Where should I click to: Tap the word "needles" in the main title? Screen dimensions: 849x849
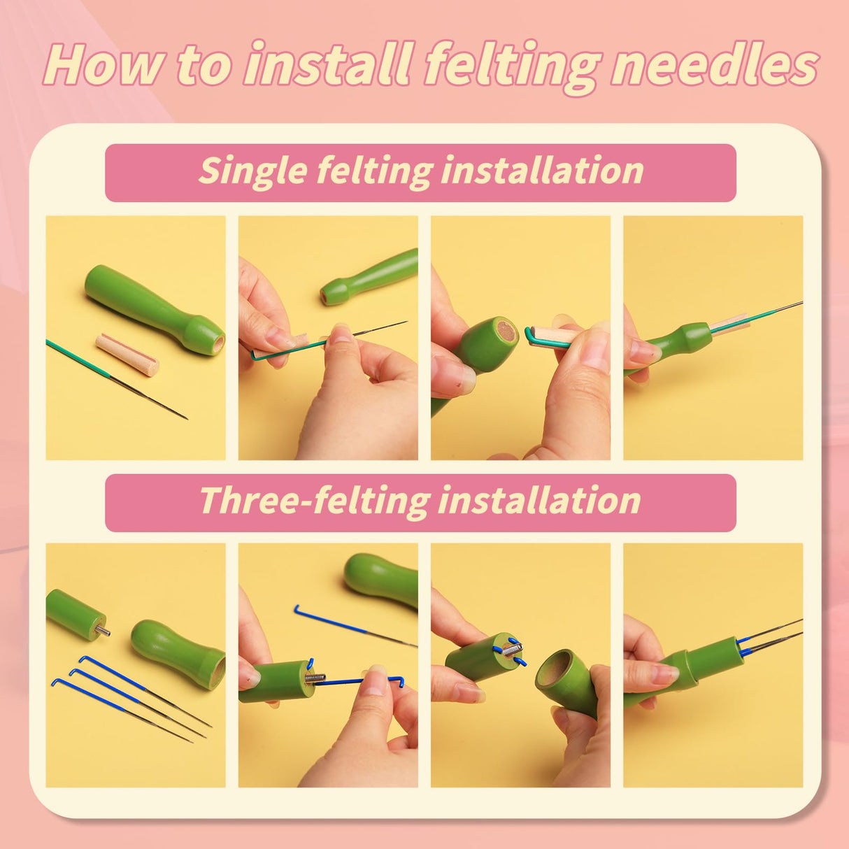pyautogui.click(x=713, y=64)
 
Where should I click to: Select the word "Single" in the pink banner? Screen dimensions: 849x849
pyautogui.click(x=252, y=171)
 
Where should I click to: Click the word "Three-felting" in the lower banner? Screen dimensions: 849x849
pyautogui.click(x=315, y=501)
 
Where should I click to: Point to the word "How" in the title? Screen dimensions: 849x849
pyautogui.click(x=104, y=64)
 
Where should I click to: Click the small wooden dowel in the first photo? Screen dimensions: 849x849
pyautogui.click(x=127, y=354)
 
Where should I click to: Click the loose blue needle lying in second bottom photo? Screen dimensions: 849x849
pyautogui.click(x=350, y=625)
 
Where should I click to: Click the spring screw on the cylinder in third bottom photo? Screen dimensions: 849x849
pyautogui.click(x=512, y=651)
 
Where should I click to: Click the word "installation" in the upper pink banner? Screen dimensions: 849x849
pyautogui.click(x=542, y=171)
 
